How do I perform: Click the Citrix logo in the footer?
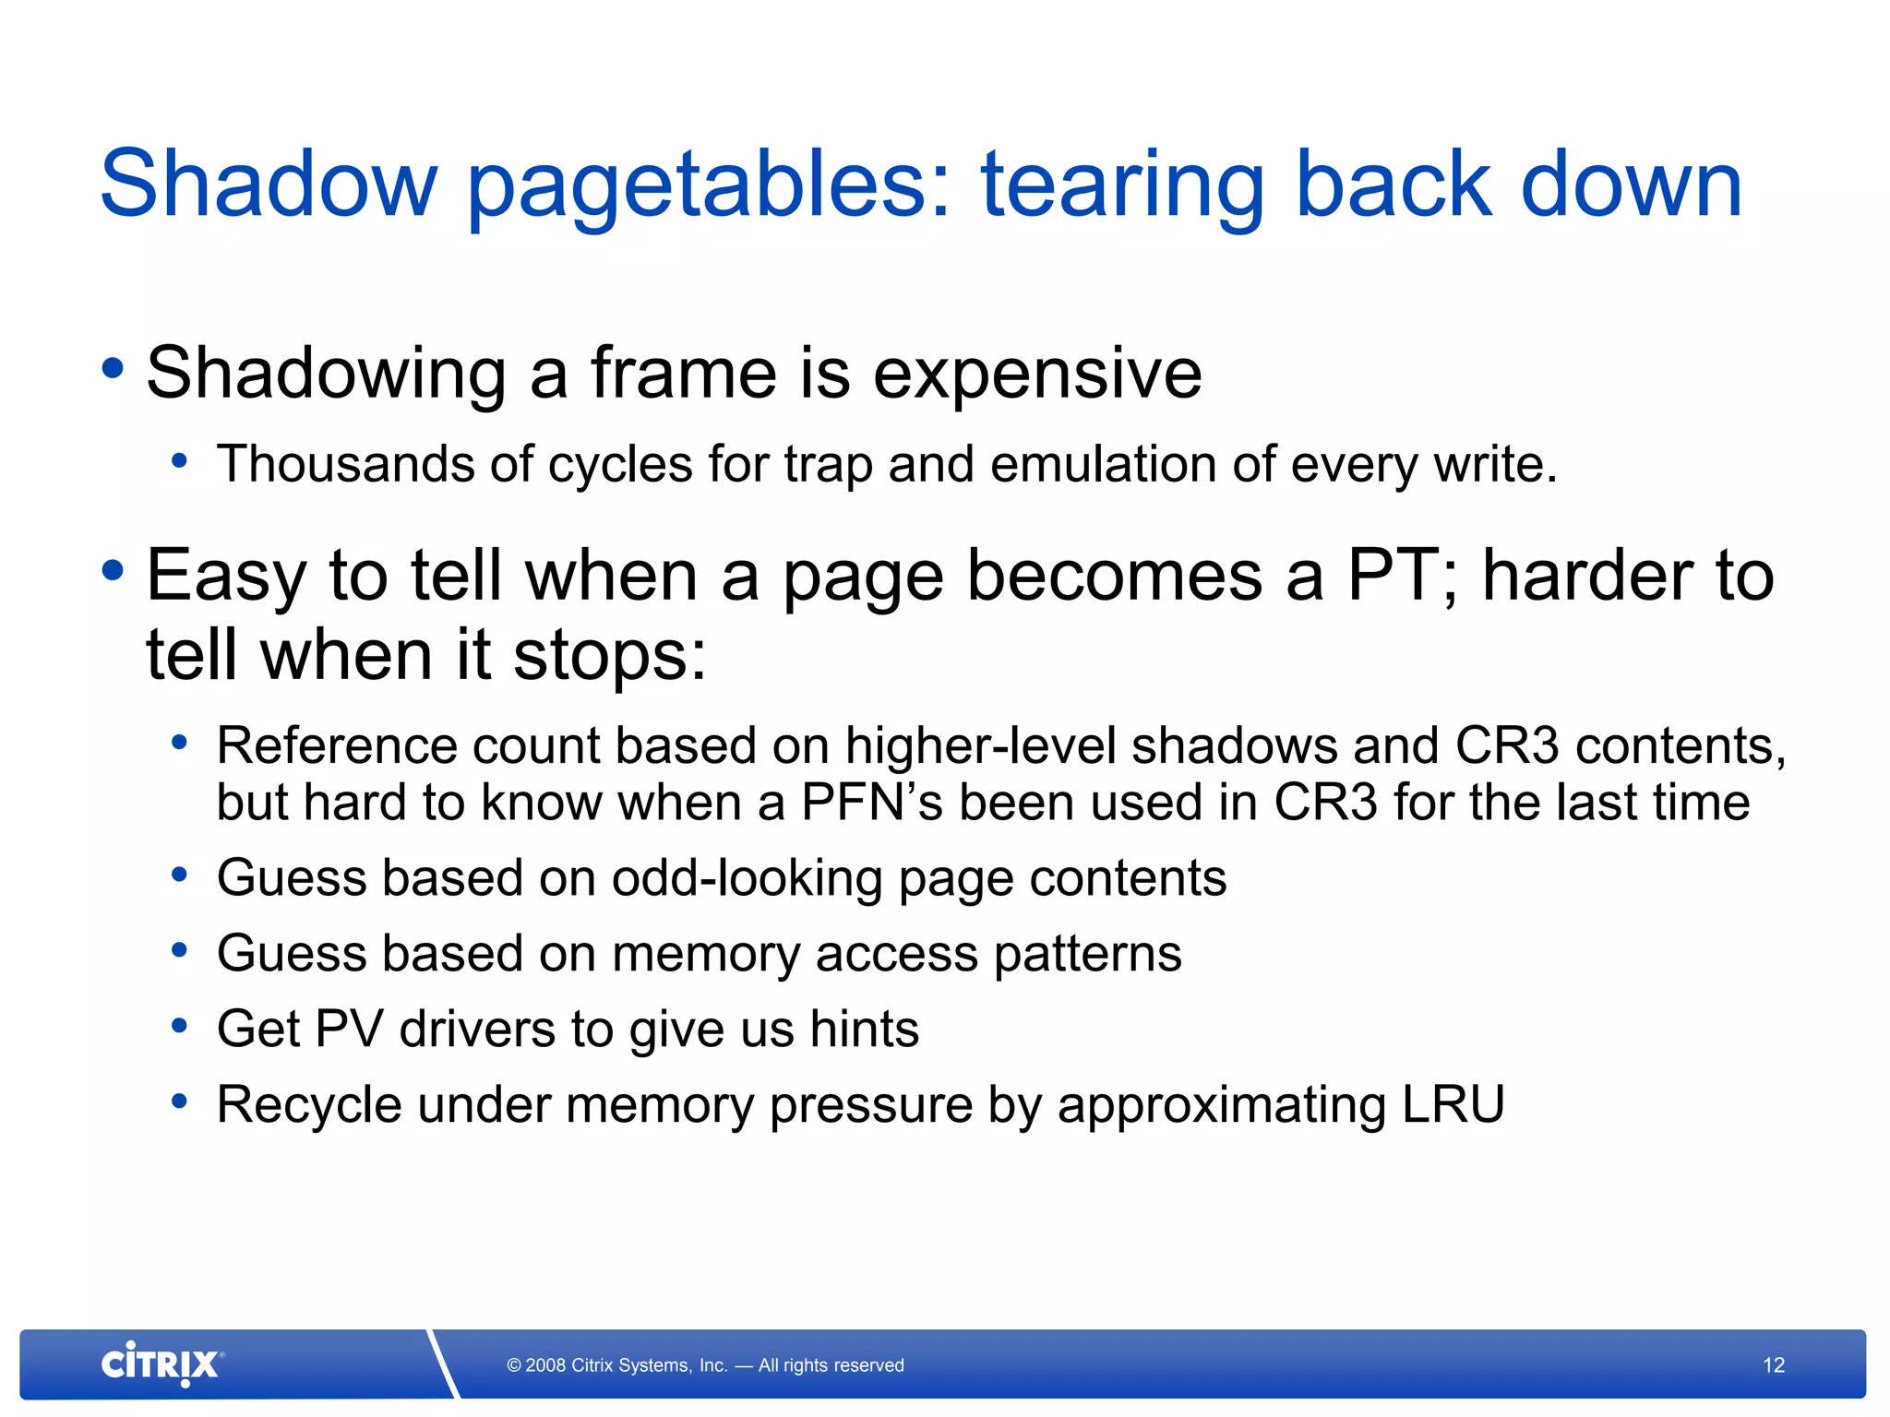(161, 1364)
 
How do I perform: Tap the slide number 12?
(1774, 1365)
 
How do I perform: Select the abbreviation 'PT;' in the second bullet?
(1402, 576)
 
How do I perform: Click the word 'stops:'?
(609, 655)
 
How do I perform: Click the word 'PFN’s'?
(871, 803)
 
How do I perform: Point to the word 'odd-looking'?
(747, 877)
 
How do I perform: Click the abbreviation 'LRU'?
(1453, 1104)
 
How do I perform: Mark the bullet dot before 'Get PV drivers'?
(180, 1025)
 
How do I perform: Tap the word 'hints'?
(864, 1029)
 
